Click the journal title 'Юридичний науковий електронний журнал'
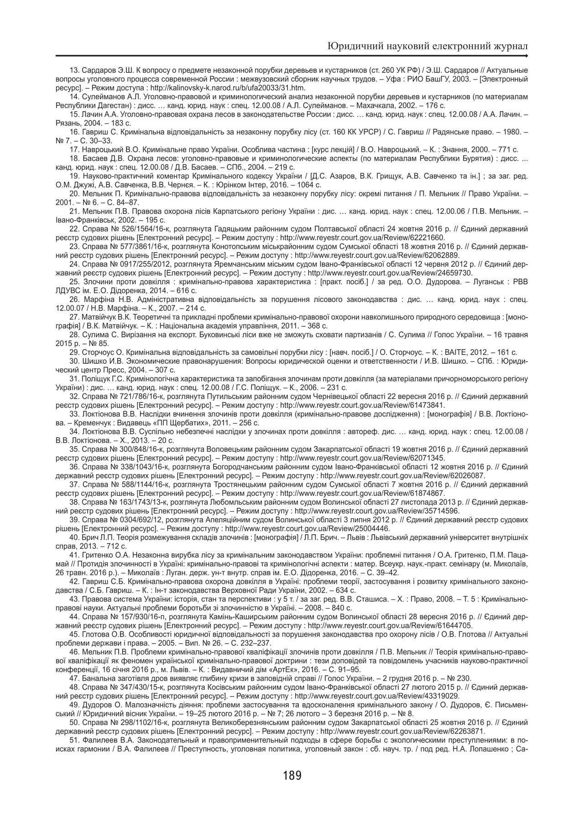428,46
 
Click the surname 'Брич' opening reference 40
90,537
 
